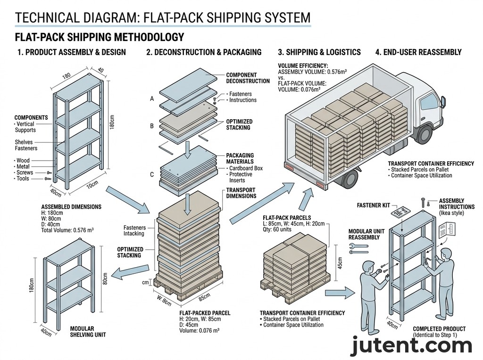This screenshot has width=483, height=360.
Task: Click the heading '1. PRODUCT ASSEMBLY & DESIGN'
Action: pyautogui.click(x=71, y=52)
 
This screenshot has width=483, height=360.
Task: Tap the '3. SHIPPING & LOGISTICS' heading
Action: pyautogui.click(x=319, y=52)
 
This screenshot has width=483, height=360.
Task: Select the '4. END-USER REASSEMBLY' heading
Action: pyautogui.click(x=418, y=52)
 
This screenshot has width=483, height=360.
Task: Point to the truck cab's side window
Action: pyautogui.click(x=430, y=100)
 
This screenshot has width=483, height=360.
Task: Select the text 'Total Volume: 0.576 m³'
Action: pyautogui.click(x=67, y=230)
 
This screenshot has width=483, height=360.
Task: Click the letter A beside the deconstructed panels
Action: pyautogui.click(x=152, y=99)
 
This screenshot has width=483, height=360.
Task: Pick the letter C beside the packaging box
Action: pyautogui.click(x=152, y=174)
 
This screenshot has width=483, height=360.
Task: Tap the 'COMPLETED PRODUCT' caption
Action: pyautogui.click(x=439, y=329)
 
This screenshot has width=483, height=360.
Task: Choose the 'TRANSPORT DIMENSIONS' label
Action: pyautogui.click(x=241, y=193)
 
